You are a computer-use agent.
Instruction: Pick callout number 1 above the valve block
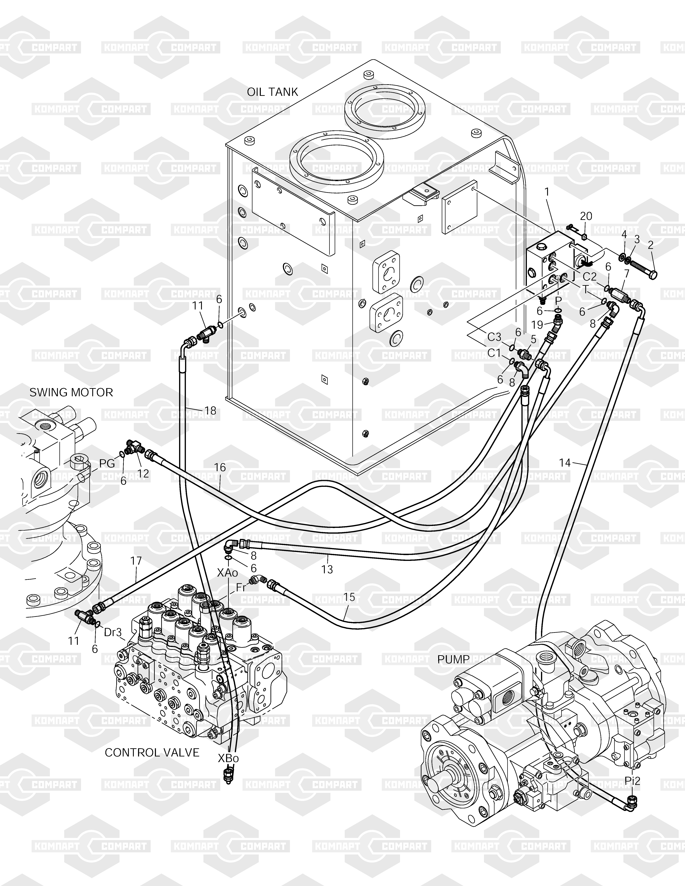(547, 192)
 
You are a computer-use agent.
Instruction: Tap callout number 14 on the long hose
(565, 462)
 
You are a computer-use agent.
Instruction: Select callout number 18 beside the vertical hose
(210, 411)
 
